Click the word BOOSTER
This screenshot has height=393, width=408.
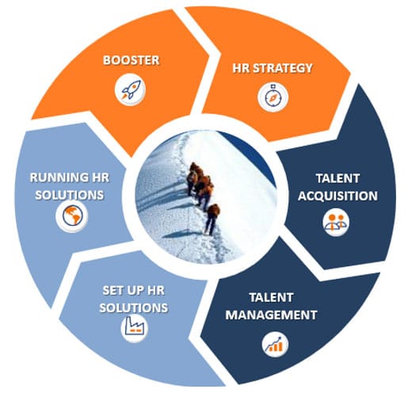(132, 60)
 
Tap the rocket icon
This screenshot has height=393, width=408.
(131, 90)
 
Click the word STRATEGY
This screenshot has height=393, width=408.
(283, 68)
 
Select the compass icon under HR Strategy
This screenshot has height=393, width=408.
(273, 97)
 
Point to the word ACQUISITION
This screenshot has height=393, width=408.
(337, 196)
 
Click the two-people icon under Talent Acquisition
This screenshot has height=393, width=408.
(336, 222)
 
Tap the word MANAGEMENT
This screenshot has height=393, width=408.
(271, 315)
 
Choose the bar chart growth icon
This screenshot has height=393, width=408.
(275, 345)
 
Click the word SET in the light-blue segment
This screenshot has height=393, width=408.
(112, 291)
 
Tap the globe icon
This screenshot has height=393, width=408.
(72, 216)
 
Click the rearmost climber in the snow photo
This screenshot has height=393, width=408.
(212, 219)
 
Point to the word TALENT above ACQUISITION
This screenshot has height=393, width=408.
(337, 178)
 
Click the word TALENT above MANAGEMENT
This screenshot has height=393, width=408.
(271, 297)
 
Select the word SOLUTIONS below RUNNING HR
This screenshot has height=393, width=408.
(70, 195)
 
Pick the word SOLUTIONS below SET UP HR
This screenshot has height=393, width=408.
(134, 308)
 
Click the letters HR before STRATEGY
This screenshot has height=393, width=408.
(241, 68)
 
